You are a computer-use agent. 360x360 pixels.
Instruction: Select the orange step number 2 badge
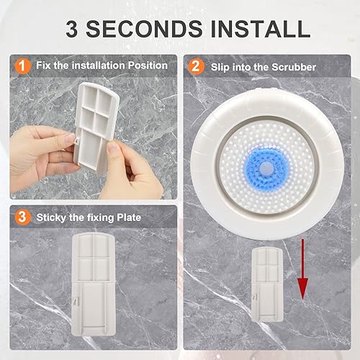[196, 66]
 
